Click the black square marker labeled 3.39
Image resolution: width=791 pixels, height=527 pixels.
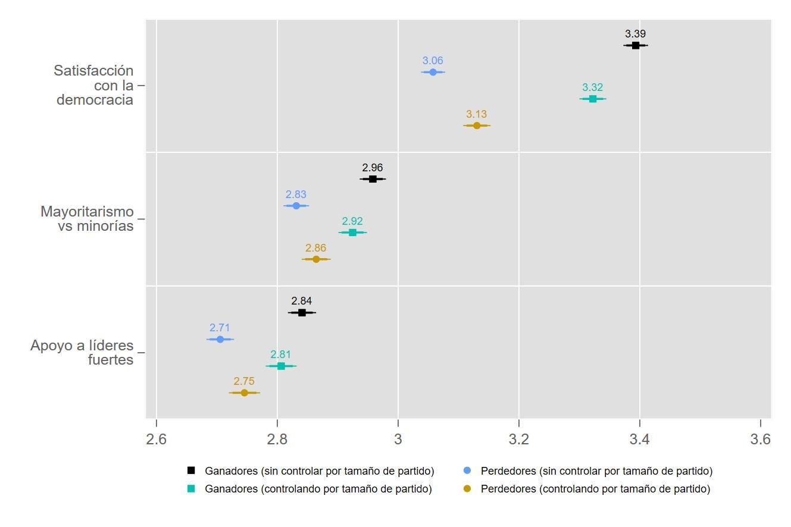click(635, 45)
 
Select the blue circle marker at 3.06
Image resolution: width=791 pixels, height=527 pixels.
click(433, 72)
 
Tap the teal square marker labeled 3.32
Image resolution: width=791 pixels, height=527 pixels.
click(592, 99)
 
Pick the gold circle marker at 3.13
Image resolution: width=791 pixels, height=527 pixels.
click(477, 126)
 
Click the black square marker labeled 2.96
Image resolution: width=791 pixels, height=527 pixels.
click(373, 179)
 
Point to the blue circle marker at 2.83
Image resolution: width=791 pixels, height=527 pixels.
click(296, 206)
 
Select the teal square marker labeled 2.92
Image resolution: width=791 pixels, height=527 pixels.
click(352, 233)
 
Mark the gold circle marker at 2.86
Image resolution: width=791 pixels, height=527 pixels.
click(316, 259)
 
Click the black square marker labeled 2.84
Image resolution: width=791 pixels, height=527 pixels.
click(302, 313)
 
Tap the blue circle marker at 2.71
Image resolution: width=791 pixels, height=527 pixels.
click(220, 340)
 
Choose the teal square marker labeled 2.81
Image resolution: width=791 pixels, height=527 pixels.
click(281, 366)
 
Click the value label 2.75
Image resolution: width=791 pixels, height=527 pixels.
click(244, 381)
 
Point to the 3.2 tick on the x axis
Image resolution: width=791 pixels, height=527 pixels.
click(519, 440)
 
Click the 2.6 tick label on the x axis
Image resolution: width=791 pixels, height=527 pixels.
click(157, 440)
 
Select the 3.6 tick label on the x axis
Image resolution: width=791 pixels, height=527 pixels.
click(760, 440)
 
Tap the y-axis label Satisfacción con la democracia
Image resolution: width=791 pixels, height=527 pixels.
click(94, 86)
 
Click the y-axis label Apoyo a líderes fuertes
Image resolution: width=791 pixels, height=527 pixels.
click(82, 353)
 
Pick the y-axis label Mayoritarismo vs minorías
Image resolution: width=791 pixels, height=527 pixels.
click(87, 219)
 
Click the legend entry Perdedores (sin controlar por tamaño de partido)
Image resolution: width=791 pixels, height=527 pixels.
click(596, 471)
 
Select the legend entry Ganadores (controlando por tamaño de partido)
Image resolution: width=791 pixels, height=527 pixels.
click(318, 489)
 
